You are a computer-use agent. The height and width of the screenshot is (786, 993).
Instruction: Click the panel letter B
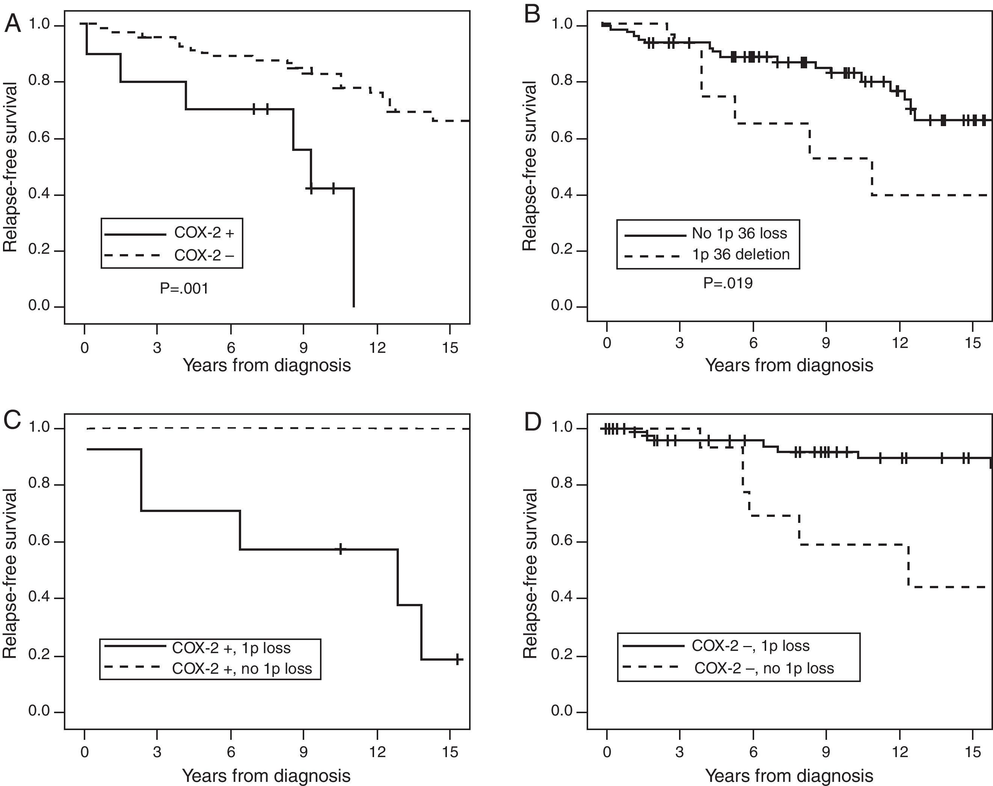pos(533,15)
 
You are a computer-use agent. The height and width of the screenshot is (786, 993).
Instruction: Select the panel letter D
pos(533,422)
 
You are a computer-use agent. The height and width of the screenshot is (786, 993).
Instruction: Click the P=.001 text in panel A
pos(184,289)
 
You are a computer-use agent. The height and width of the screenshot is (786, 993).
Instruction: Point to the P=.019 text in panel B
pos(728,283)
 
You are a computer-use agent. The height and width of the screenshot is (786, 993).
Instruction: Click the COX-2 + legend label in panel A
pos(204,233)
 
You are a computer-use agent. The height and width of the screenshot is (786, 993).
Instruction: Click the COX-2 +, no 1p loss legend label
pos(242,669)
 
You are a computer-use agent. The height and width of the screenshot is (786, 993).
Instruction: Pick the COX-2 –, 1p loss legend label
pos(750,646)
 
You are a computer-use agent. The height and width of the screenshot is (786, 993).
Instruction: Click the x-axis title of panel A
pos(267,365)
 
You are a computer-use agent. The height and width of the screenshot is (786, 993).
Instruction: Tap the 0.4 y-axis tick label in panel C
pos(39,598)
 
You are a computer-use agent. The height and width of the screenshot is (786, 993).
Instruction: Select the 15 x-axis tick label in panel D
pos(972,752)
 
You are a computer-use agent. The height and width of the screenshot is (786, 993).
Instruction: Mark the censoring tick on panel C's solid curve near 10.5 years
pos(340,549)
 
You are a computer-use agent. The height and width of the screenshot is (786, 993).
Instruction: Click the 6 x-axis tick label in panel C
pos(231,752)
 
